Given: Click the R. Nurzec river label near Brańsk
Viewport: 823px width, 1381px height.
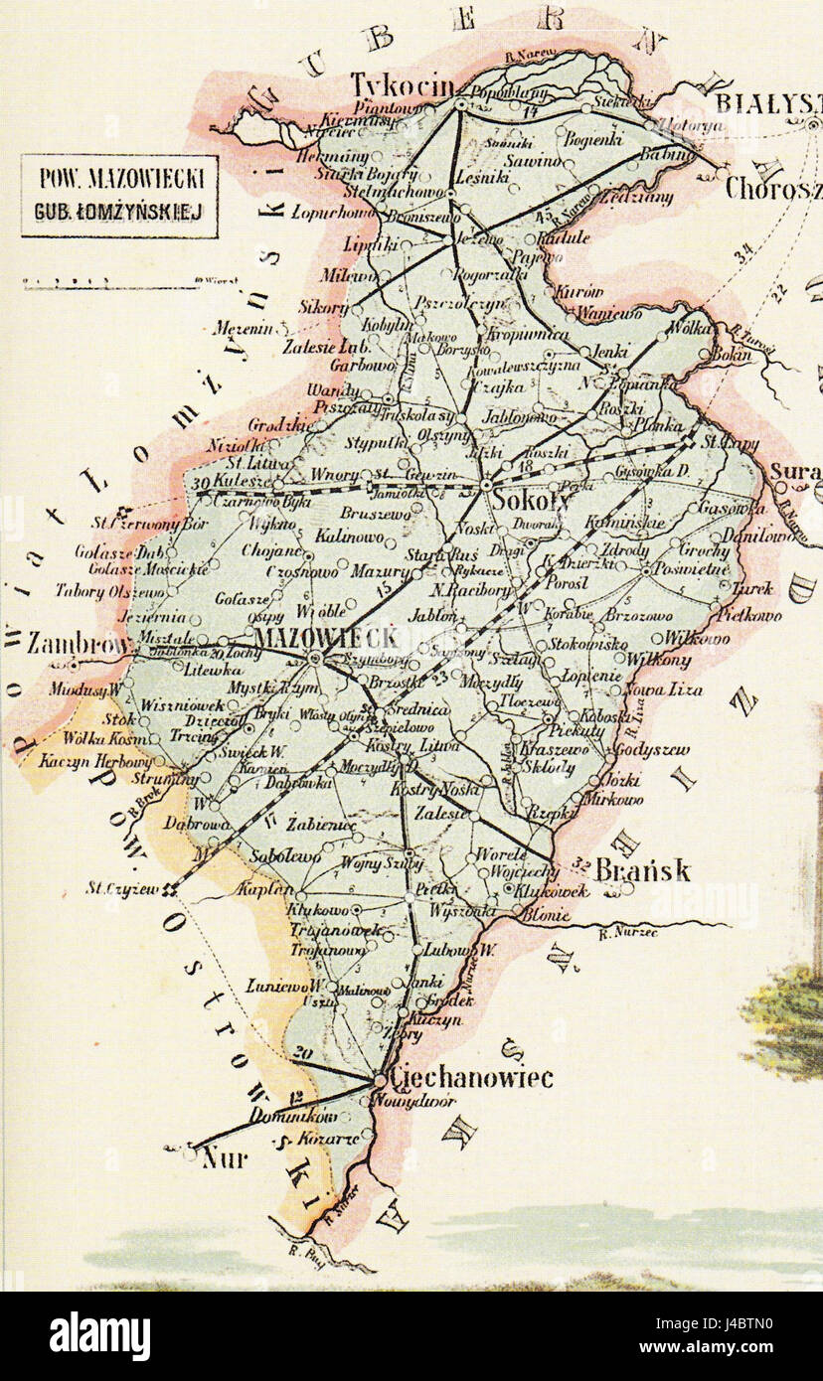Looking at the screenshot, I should (624, 932).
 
